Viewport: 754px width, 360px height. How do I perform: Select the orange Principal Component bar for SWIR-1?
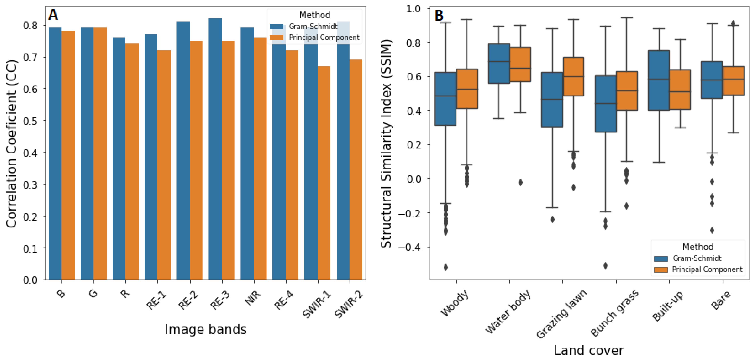pos(324,173)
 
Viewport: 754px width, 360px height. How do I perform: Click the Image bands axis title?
pos(206,330)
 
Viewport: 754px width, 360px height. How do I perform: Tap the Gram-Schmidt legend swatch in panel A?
pos(276,27)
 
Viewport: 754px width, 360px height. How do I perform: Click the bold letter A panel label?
pos(53,15)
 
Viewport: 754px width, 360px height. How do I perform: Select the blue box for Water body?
pos(499,63)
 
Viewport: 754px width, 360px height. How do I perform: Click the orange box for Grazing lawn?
pos(573,76)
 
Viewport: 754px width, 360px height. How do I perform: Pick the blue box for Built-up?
pos(659,80)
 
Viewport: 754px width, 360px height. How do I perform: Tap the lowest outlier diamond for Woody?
pos(446,267)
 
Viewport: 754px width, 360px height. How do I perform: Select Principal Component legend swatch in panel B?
pos(661,270)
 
